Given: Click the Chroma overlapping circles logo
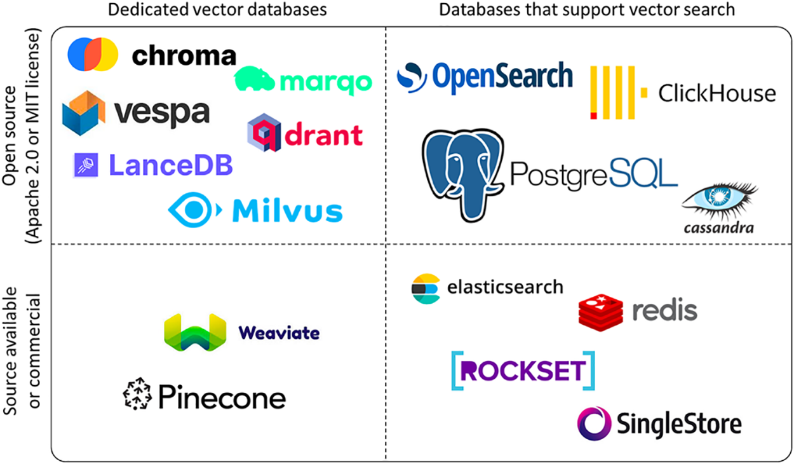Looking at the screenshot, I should coord(93,55).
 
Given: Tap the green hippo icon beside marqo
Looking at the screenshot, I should coord(254,81).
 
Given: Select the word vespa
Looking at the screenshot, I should coord(162,113).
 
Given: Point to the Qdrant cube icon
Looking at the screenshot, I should coord(264,132).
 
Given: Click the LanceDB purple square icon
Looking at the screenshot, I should coord(84,165).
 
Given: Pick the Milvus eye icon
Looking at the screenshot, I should coord(194,209).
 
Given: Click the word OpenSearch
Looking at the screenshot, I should coord(502,76).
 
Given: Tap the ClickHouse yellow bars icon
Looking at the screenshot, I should coord(614,93).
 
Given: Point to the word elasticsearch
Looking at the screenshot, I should coord(505,287).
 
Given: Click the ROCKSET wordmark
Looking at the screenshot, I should coord(523,371).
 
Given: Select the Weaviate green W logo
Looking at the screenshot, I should coord(194,332).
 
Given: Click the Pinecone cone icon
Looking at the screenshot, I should coord(137,395).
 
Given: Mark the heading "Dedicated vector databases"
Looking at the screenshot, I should coord(218,10).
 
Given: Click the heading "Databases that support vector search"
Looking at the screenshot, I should coord(587,10).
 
